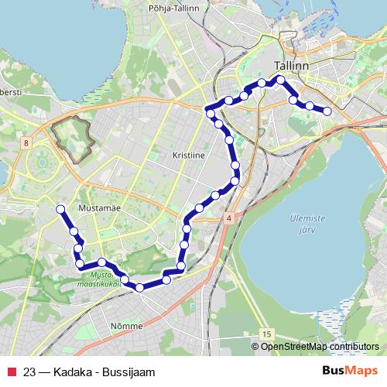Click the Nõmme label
pyautogui.click(x=126, y=326)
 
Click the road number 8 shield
pyautogui.click(x=26, y=142)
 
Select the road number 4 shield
pyautogui.click(x=229, y=221)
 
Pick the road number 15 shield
pyautogui.click(x=266, y=333)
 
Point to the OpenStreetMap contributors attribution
pyautogui.click(x=319, y=347)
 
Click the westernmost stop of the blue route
pyautogui.click(x=60, y=208)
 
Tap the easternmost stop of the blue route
pyautogui.click(x=327, y=111)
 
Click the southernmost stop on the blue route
pyautogui.click(x=139, y=288)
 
